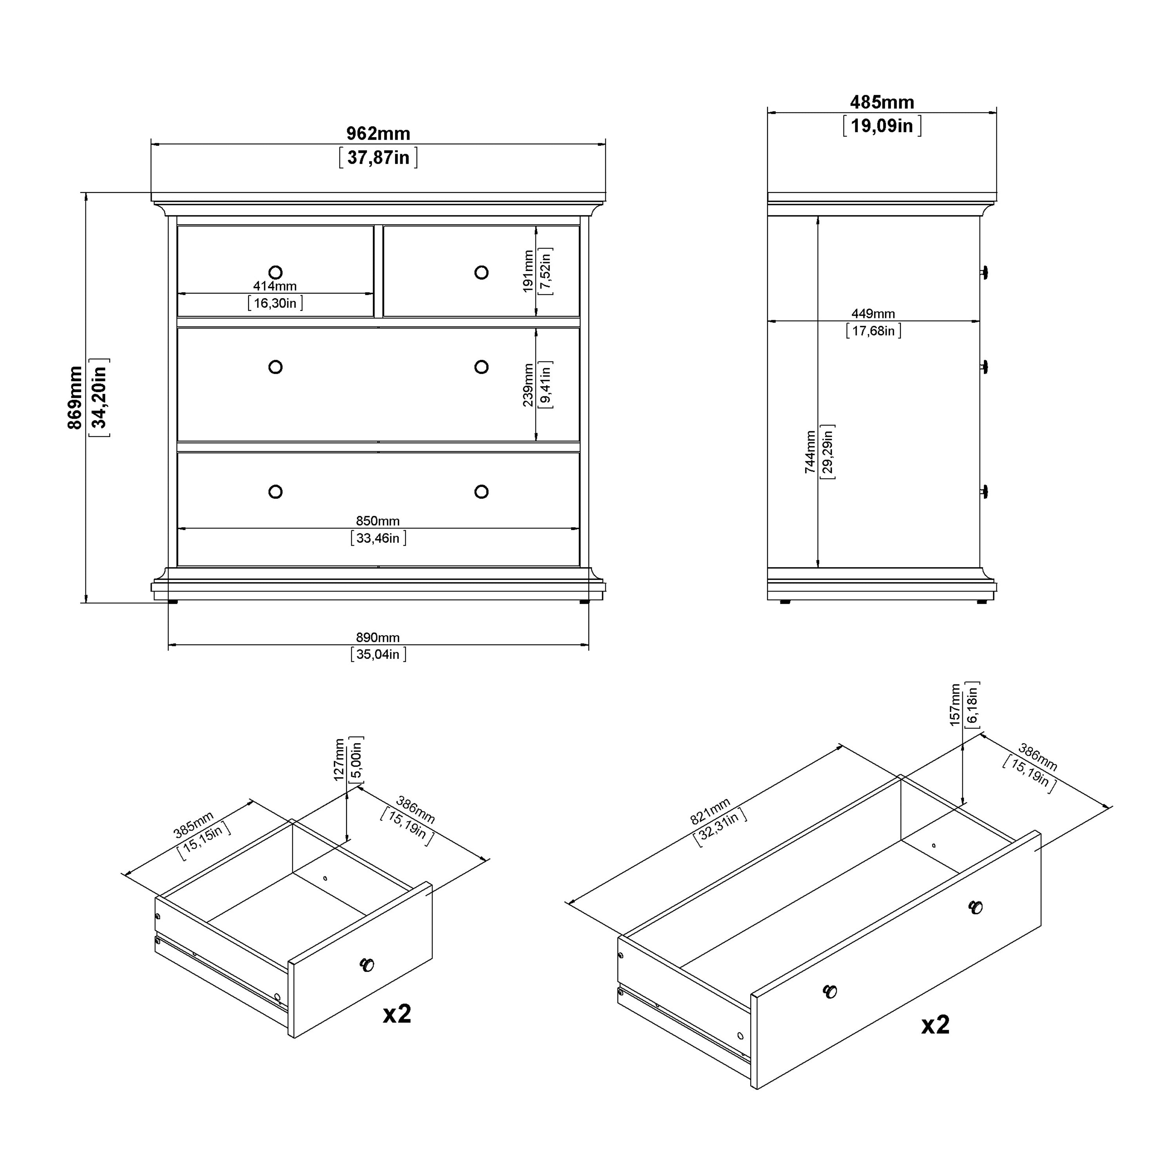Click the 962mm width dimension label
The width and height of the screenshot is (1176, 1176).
pos(378,133)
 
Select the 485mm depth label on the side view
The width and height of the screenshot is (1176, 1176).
pos(882,102)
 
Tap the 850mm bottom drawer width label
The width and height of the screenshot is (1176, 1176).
pos(378,521)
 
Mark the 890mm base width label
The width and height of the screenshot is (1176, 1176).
pos(378,637)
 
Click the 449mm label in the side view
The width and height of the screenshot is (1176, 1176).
pos(873,314)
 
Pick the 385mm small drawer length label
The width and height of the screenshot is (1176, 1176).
pos(194,824)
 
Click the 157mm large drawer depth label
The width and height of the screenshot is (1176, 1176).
pos(955,705)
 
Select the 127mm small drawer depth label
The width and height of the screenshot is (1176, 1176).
pos(339,760)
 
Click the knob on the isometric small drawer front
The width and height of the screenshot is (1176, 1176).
pos(367,964)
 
